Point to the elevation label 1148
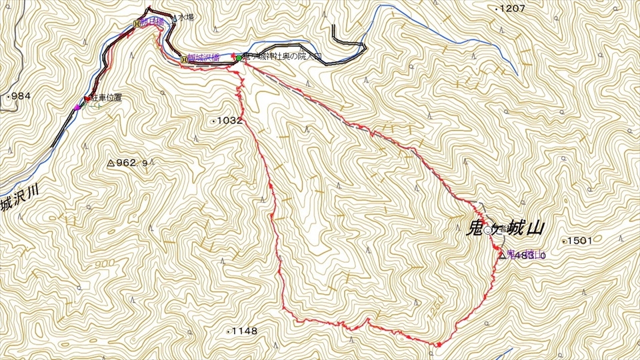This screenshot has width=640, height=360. [245, 331]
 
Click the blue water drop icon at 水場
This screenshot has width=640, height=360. [175, 19]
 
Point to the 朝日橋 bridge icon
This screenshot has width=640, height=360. [137, 23]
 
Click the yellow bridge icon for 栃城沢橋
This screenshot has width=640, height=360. [184, 59]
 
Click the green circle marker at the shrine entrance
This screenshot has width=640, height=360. [238, 58]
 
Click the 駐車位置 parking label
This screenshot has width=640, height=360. [106, 98]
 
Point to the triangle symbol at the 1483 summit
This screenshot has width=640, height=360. [501, 255]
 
